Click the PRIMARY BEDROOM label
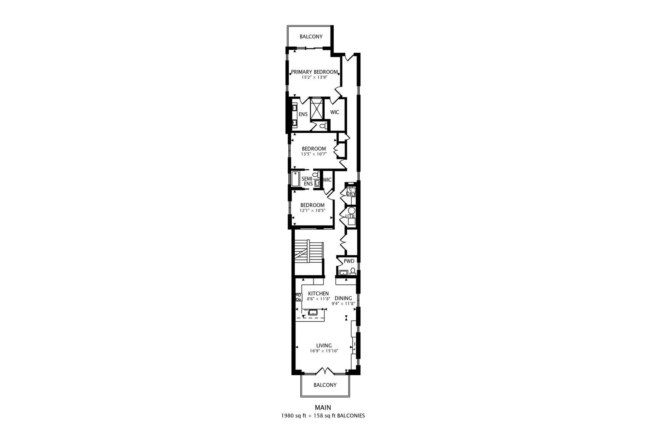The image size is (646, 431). (314, 72)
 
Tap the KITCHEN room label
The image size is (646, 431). (318, 293)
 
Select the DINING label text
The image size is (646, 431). (343, 298)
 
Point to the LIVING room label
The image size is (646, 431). (324, 346)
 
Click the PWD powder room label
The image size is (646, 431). (349, 261)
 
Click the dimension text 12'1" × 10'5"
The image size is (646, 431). (312, 210)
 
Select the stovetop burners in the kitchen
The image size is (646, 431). (299, 297)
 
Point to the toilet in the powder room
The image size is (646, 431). (353, 272)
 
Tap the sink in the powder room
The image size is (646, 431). (343, 273)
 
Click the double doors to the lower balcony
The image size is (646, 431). (325, 371)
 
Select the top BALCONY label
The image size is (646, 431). (311, 37)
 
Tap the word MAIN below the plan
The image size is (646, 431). (323, 407)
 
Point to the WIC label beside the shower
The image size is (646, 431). (335, 112)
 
